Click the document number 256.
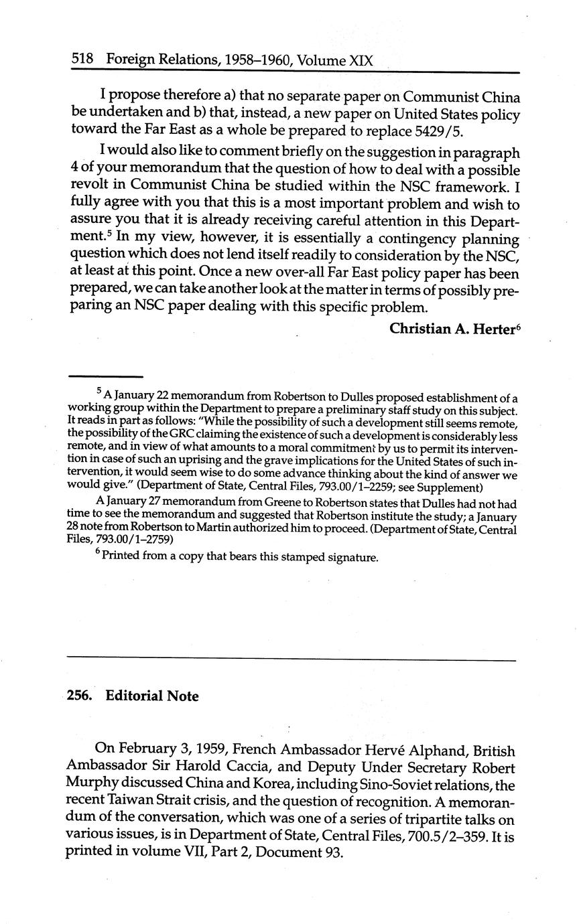point(79,696)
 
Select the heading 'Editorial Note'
point(152,696)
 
